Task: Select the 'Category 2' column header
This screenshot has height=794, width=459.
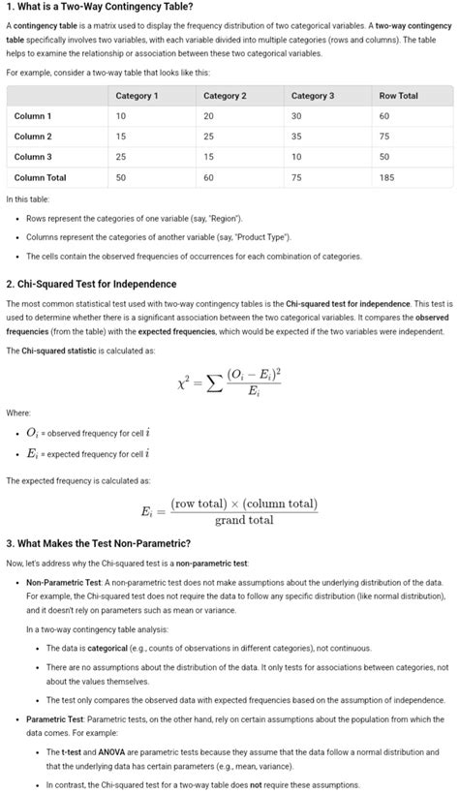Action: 225,96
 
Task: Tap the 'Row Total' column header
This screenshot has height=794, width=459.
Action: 399,96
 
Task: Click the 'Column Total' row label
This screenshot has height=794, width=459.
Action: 41,178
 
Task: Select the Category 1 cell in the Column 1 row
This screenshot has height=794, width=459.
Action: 121,116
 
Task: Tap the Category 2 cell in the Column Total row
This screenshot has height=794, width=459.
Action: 209,178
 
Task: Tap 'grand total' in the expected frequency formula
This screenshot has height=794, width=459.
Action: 243,520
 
